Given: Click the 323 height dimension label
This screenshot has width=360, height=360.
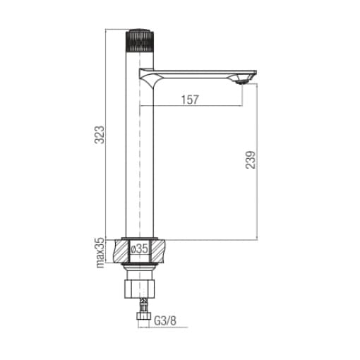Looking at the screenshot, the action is pyautogui.click(x=99, y=135).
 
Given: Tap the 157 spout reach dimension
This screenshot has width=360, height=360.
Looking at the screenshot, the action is pyautogui.click(x=190, y=100).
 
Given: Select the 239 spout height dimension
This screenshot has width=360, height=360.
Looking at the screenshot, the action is pyautogui.click(x=251, y=160).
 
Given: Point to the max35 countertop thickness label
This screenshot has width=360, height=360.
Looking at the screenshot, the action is pyautogui.click(x=100, y=253).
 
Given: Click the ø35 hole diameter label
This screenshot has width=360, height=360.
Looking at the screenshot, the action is pyautogui.click(x=139, y=248).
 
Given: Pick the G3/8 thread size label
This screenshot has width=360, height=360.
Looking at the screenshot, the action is pyautogui.click(x=165, y=320).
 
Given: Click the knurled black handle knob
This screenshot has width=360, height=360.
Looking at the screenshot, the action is pyautogui.click(x=140, y=40).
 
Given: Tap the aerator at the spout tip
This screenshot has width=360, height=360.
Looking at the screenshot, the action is pyautogui.click(x=242, y=81).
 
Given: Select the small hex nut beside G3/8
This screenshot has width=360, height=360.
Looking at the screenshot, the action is pyautogui.click(x=143, y=316).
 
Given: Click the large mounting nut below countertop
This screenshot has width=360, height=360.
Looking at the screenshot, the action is pyautogui.click(x=140, y=289).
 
